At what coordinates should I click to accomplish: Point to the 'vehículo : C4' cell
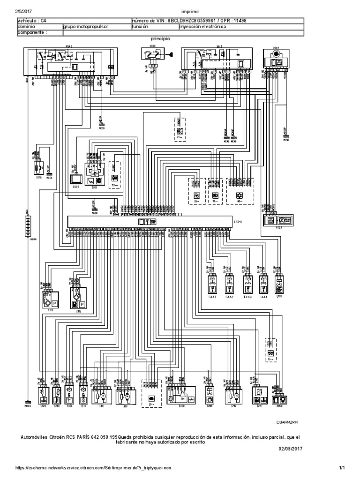click(x=32, y=21)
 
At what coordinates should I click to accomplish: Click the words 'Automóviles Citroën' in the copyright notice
click(x=45, y=437)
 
